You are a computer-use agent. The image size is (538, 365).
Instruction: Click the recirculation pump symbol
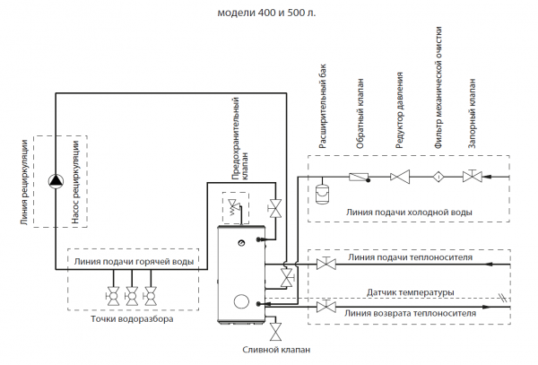(x=56, y=180)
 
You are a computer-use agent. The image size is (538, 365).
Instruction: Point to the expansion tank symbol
(x=324, y=190)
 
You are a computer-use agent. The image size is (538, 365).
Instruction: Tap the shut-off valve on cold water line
(x=471, y=177)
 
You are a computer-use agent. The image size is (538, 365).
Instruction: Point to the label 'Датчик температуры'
(x=411, y=292)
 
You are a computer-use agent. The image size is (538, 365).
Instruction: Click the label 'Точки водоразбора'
(x=132, y=318)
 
